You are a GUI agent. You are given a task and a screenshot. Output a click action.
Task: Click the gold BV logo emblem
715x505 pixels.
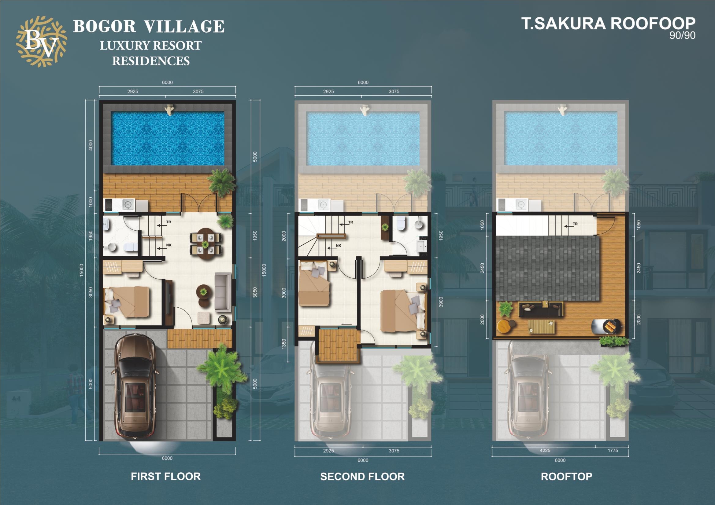(41, 42)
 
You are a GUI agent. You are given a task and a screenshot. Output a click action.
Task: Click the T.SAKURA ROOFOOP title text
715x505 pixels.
(608, 24)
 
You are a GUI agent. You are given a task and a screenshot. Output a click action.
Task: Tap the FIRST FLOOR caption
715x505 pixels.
(166, 476)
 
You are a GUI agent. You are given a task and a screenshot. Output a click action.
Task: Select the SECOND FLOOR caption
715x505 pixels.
(362, 477)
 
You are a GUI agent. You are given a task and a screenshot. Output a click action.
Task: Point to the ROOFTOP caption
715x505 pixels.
(566, 476)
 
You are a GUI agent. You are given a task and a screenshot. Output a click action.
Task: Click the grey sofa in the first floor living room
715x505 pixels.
(223, 292)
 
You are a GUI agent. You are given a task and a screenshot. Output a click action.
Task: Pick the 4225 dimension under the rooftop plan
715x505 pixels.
(545, 450)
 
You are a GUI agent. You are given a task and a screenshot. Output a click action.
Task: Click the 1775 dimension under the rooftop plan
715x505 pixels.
(613, 450)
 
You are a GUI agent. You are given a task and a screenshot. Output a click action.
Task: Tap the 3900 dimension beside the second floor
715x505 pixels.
(441, 302)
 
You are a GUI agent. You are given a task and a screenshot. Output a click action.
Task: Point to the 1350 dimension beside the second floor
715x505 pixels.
(284, 344)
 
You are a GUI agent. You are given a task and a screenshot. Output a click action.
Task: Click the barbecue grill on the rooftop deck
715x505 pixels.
(606, 327)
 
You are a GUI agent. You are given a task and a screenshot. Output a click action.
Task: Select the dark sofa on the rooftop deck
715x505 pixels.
(541, 309)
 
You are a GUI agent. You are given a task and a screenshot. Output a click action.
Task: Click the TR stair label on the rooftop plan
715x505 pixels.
(575, 224)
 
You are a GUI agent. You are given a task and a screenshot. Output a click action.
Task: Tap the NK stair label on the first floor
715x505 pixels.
(169, 245)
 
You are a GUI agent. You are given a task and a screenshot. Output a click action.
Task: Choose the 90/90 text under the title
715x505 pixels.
(682, 35)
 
